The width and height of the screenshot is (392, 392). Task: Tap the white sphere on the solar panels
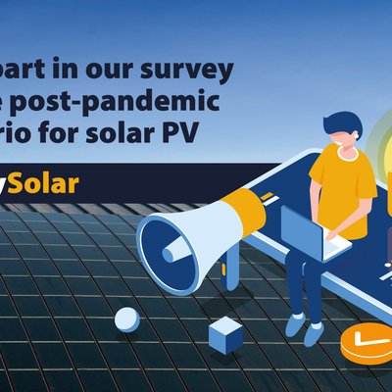tap(126, 318)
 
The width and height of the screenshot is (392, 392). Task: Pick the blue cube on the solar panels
tap(225, 335)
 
